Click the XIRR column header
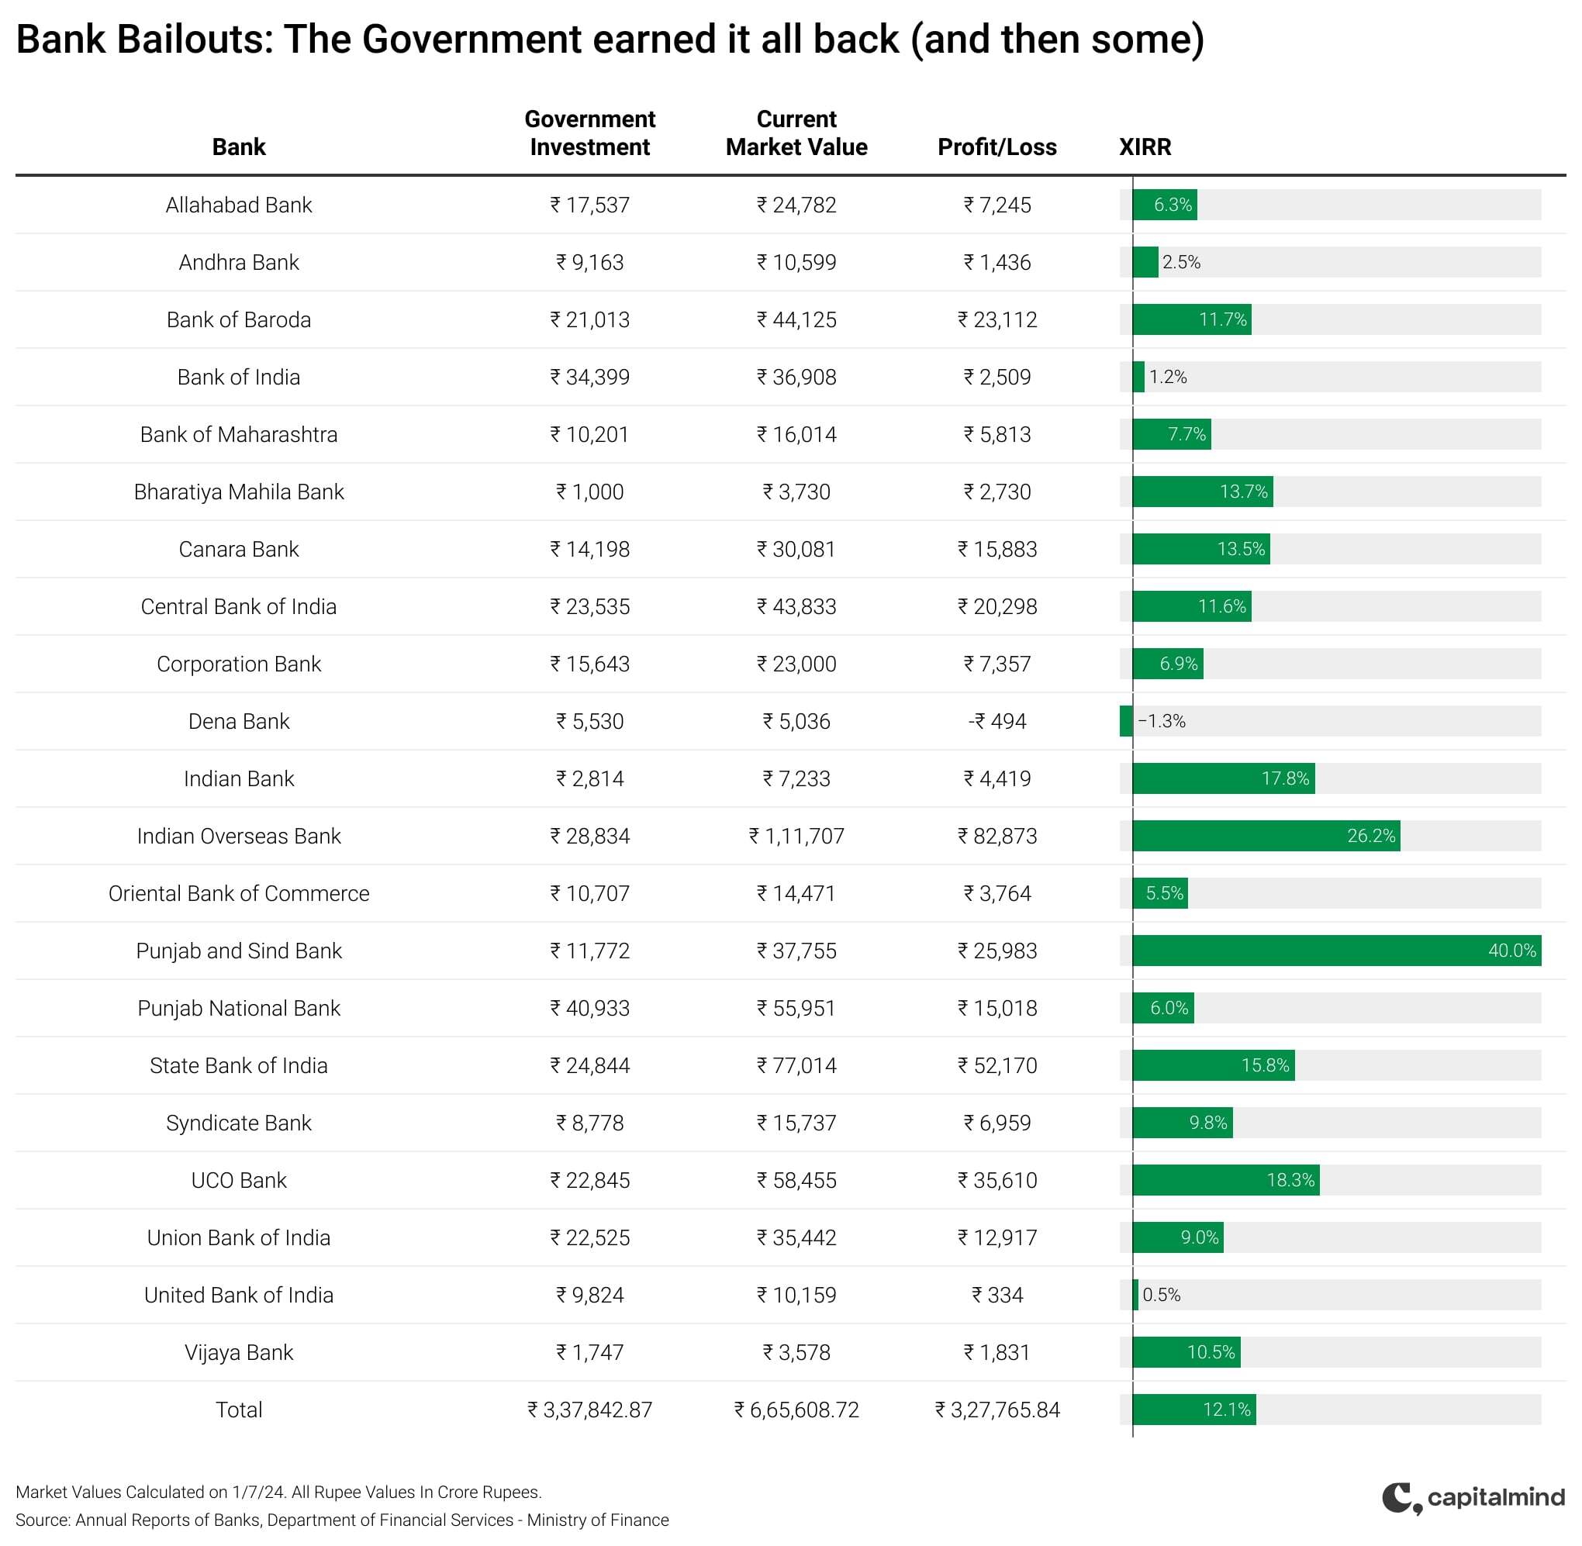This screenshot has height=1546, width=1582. (1145, 147)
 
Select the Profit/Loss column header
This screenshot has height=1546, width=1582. (997, 147)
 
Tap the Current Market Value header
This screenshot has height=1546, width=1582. (796, 133)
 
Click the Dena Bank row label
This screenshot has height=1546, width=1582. (239, 721)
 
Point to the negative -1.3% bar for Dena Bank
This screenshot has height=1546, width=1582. (1125, 721)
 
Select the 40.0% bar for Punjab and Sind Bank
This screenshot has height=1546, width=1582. (1336, 951)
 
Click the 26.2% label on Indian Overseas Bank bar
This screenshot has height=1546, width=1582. (1371, 837)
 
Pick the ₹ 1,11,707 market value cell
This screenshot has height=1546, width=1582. (796, 837)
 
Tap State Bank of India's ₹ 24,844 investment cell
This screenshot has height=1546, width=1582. (589, 1065)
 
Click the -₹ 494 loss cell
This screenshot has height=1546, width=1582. (997, 721)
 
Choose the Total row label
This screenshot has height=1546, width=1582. (239, 1410)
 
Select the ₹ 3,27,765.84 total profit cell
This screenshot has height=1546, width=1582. (997, 1410)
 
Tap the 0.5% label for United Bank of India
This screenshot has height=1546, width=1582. (1162, 1295)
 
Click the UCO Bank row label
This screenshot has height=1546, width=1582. (239, 1181)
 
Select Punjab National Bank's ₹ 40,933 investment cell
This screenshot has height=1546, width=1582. (589, 1009)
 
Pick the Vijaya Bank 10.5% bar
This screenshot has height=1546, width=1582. (1186, 1353)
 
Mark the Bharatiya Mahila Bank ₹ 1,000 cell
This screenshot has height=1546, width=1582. (589, 492)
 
